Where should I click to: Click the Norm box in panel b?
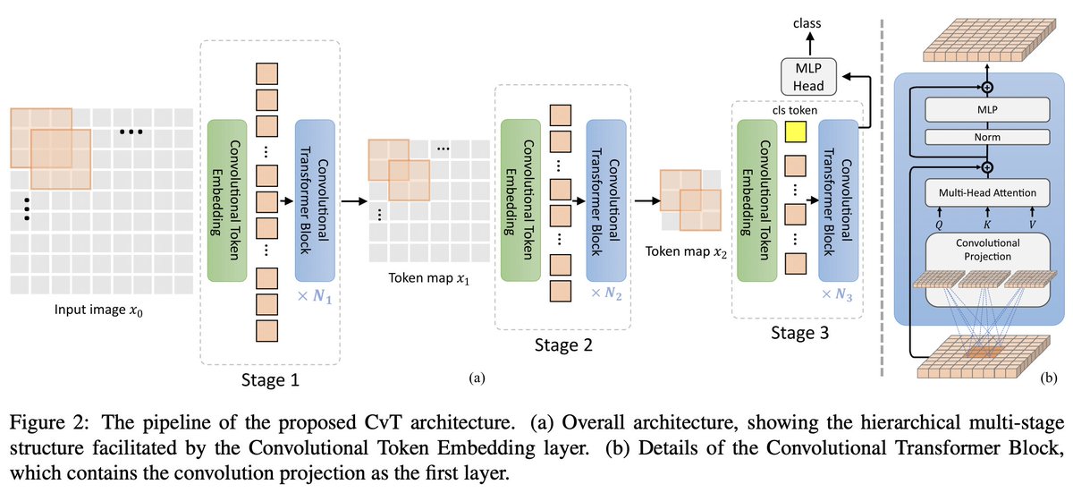(975, 137)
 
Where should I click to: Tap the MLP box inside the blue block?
(975, 110)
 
